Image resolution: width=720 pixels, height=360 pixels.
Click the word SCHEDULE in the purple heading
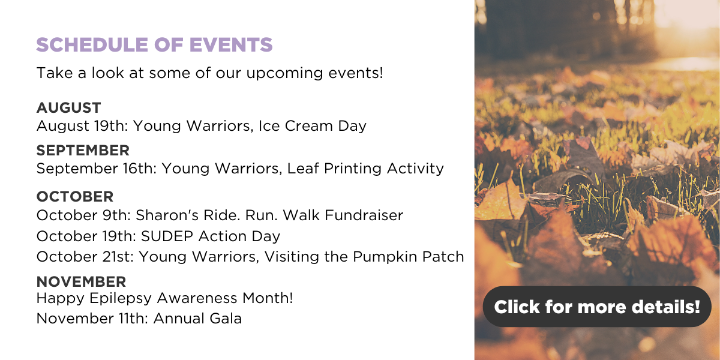[92, 44]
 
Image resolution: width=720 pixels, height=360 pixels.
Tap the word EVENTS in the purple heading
[231, 44]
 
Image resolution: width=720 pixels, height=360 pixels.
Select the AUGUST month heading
[69, 107]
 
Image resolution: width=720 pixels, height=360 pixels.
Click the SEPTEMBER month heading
[83, 151]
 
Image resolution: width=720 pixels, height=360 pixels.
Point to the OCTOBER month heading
[75, 197]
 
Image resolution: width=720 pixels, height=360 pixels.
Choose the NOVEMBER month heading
[82, 282]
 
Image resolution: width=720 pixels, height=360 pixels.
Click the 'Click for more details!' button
[597, 307]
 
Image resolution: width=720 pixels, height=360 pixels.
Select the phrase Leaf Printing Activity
[365, 169]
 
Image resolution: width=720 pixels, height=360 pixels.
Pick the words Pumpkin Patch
[408, 257]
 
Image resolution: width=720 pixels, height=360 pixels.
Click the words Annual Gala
[197, 319]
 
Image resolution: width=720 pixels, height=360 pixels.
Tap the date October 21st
[85, 257]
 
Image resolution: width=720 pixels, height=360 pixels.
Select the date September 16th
[97, 169]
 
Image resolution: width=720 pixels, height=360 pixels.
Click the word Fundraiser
[364, 215]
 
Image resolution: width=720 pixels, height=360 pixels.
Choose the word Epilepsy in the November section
[121, 298]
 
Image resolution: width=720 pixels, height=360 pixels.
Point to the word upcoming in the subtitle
[284, 73]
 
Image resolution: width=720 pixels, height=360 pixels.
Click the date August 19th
[82, 125]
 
